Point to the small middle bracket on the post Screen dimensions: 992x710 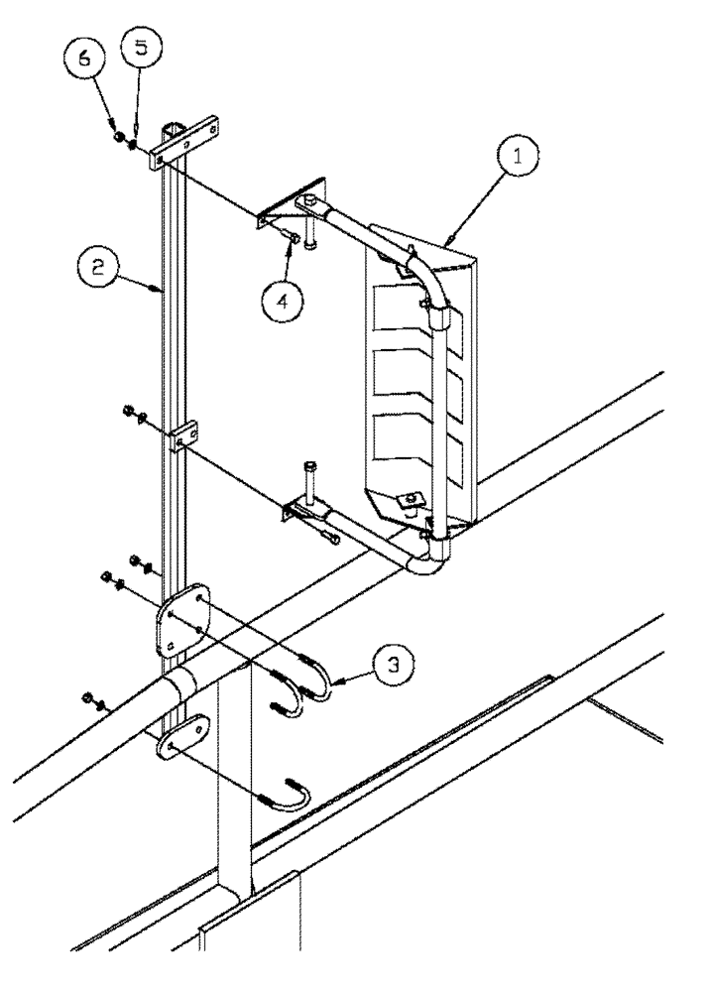(184, 437)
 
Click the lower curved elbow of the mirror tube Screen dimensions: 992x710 (425, 559)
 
